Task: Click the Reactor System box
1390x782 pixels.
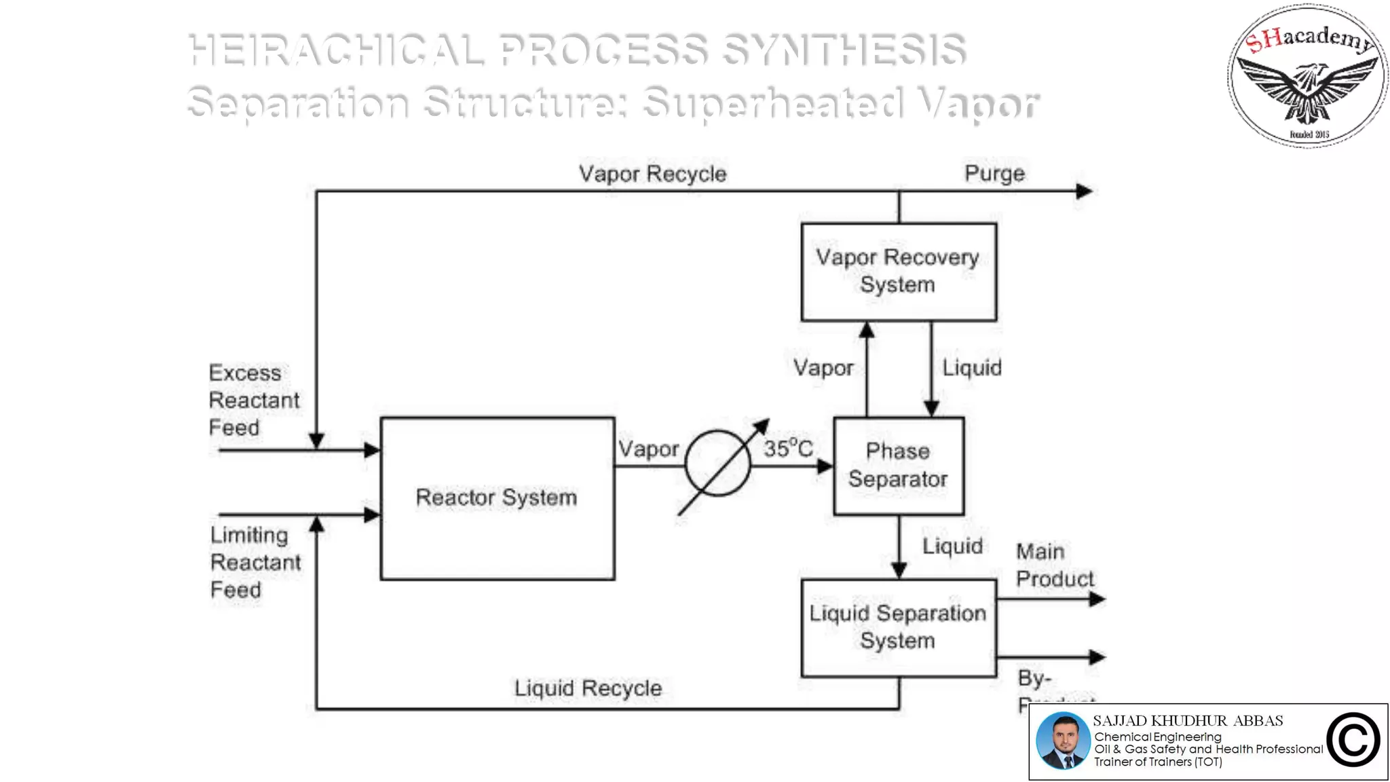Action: point(497,498)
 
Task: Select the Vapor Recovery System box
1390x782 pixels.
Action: point(898,272)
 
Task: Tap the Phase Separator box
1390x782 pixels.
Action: point(898,466)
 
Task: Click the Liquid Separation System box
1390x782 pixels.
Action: point(898,627)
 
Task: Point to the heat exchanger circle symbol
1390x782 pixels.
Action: point(717,464)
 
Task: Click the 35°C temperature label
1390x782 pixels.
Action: point(788,449)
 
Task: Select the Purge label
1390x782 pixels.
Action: point(994,174)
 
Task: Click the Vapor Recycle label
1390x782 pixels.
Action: point(652,174)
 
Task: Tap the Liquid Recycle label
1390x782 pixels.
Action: point(588,688)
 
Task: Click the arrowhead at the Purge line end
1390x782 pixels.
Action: point(1085,191)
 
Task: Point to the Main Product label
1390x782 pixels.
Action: point(1054,565)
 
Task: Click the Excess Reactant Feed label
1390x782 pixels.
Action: point(253,401)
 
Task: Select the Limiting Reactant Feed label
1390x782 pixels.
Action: point(255,562)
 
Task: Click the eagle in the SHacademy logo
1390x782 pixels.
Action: point(1307,88)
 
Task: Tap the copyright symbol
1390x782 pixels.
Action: point(1353,741)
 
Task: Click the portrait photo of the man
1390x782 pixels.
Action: point(1062,741)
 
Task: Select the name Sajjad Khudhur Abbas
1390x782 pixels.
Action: point(1188,721)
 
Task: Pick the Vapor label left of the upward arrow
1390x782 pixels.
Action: point(823,369)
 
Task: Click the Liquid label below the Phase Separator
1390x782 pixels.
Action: point(952,546)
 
